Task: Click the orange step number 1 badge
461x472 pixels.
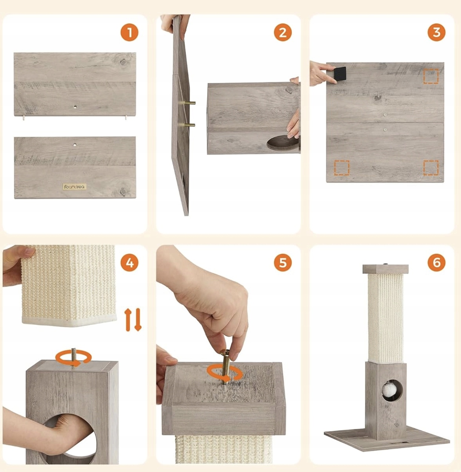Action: coord(129,32)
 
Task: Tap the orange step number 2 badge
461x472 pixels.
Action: coord(283,32)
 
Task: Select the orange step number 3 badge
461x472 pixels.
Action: coord(436,32)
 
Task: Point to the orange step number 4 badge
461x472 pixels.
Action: coord(129,262)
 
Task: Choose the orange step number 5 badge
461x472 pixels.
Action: coord(283,262)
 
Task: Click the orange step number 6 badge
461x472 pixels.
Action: coord(436,262)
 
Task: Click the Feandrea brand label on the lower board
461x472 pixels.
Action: coord(75,187)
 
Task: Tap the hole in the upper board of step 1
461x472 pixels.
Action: coord(75,106)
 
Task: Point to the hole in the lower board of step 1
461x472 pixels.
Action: coord(75,145)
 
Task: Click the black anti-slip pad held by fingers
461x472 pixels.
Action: coord(340,74)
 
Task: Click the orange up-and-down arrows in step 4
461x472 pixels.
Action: coord(133,320)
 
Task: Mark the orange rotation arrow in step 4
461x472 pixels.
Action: coord(73,358)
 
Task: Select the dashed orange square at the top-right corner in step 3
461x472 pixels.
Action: coord(431,76)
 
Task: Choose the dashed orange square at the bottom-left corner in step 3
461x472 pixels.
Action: coord(342,168)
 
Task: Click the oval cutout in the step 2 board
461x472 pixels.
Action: coord(283,143)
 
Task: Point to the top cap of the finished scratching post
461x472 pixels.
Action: coord(386,269)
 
